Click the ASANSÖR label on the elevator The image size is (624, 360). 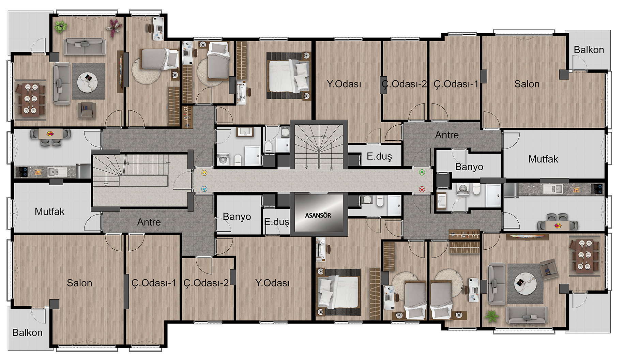coord(318,215)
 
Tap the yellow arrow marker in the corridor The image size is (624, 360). coord(204,173)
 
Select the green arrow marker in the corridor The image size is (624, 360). coord(422,172)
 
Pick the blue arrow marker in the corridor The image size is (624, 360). coord(204,189)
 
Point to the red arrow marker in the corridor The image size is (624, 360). coord(422,189)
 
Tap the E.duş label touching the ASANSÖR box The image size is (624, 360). coord(277,222)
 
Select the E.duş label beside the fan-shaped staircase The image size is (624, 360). coord(379,156)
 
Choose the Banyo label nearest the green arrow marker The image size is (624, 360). coord(469,167)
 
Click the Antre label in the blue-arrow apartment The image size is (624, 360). coord(149,222)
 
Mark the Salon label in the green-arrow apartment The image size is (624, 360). coord(527,84)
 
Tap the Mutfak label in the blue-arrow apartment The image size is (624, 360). coord(49,212)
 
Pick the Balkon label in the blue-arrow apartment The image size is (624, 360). coord(27,332)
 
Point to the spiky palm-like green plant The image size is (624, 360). coord(491,316)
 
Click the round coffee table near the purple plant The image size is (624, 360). coord(88,82)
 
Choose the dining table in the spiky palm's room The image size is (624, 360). coord(585,255)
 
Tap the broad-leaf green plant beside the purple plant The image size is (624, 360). coord(61,27)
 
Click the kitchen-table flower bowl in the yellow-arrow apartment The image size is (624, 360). coord(50,134)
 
